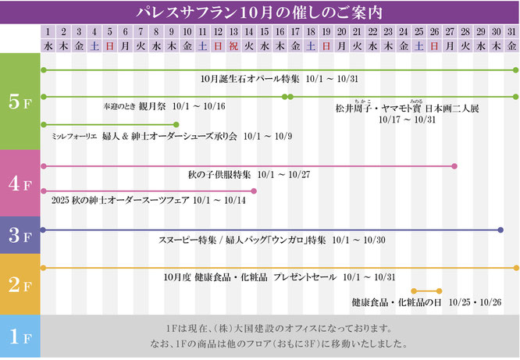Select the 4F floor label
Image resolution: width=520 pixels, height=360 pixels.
click(20, 184)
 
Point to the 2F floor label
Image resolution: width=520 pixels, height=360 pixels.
click(20, 283)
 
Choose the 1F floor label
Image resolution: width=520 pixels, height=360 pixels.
click(20, 337)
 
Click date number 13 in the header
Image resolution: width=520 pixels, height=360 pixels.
click(233, 32)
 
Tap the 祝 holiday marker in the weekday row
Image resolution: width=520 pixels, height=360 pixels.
click(233, 46)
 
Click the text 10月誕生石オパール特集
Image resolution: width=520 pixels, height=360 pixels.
click(237, 79)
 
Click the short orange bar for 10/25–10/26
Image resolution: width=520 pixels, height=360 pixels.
click(426, 290)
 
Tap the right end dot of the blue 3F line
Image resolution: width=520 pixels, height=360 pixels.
click(500, 230)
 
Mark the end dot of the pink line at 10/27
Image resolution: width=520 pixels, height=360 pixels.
click(455, 166)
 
